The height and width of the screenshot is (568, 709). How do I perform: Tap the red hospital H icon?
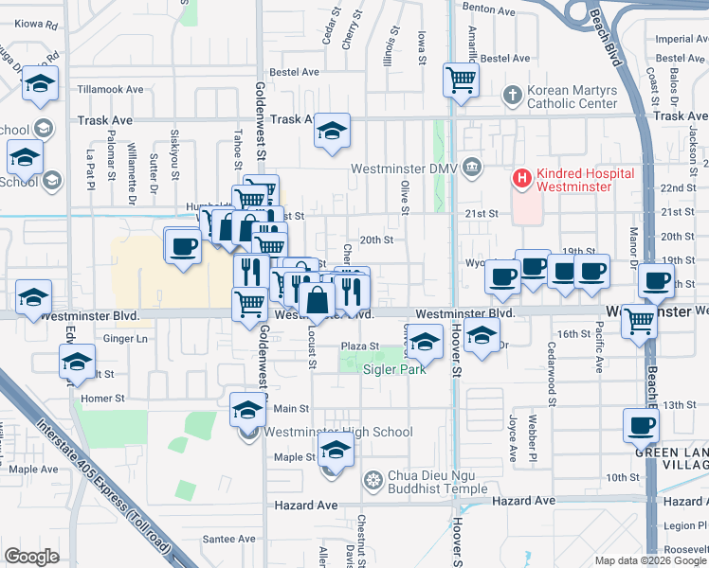pos(520,177)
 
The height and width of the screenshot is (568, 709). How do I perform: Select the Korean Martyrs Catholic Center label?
pos(572,97)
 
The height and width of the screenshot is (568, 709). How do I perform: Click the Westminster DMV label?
pos(405,169)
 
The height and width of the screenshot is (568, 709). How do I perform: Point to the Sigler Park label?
pos(394,368)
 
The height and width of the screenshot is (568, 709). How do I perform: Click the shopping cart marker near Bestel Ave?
pos(461,79)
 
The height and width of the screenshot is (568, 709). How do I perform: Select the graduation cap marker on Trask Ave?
pos(332,131)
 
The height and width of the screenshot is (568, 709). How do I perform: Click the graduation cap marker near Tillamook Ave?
pos(41,83)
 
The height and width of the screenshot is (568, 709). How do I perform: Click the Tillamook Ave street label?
pos(110,90)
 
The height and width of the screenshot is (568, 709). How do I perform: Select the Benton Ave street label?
pos(487,10)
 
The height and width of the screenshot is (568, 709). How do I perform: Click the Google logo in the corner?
pos(31,557)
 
